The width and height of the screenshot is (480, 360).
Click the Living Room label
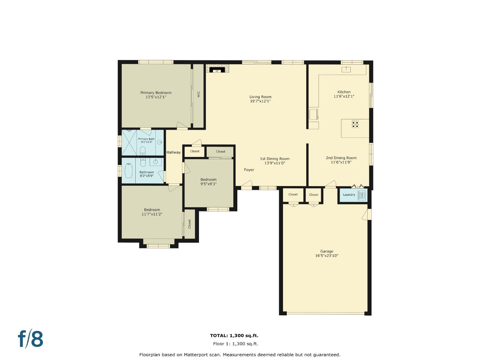click(260, 97)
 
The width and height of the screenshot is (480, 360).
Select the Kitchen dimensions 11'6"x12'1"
click(344, 96)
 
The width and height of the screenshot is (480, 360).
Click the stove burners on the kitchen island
click(355, 124)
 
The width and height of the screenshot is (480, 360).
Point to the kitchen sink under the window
click(346, 69)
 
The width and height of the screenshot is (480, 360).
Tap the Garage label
click(327, 251)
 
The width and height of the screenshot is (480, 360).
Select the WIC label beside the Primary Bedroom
click(199, 94)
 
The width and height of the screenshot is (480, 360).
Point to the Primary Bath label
click(146, 139)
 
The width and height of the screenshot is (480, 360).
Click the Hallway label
click(173, 152)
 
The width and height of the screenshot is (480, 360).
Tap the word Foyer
click(249, 170)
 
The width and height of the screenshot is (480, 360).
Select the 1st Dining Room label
click(275, 159)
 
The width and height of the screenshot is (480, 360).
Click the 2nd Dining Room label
click(341, 158)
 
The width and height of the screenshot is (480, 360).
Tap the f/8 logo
click(31, 339)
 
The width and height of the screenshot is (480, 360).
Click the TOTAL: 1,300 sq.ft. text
click(234, 336)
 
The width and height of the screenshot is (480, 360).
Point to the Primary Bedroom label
click(156, 93)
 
